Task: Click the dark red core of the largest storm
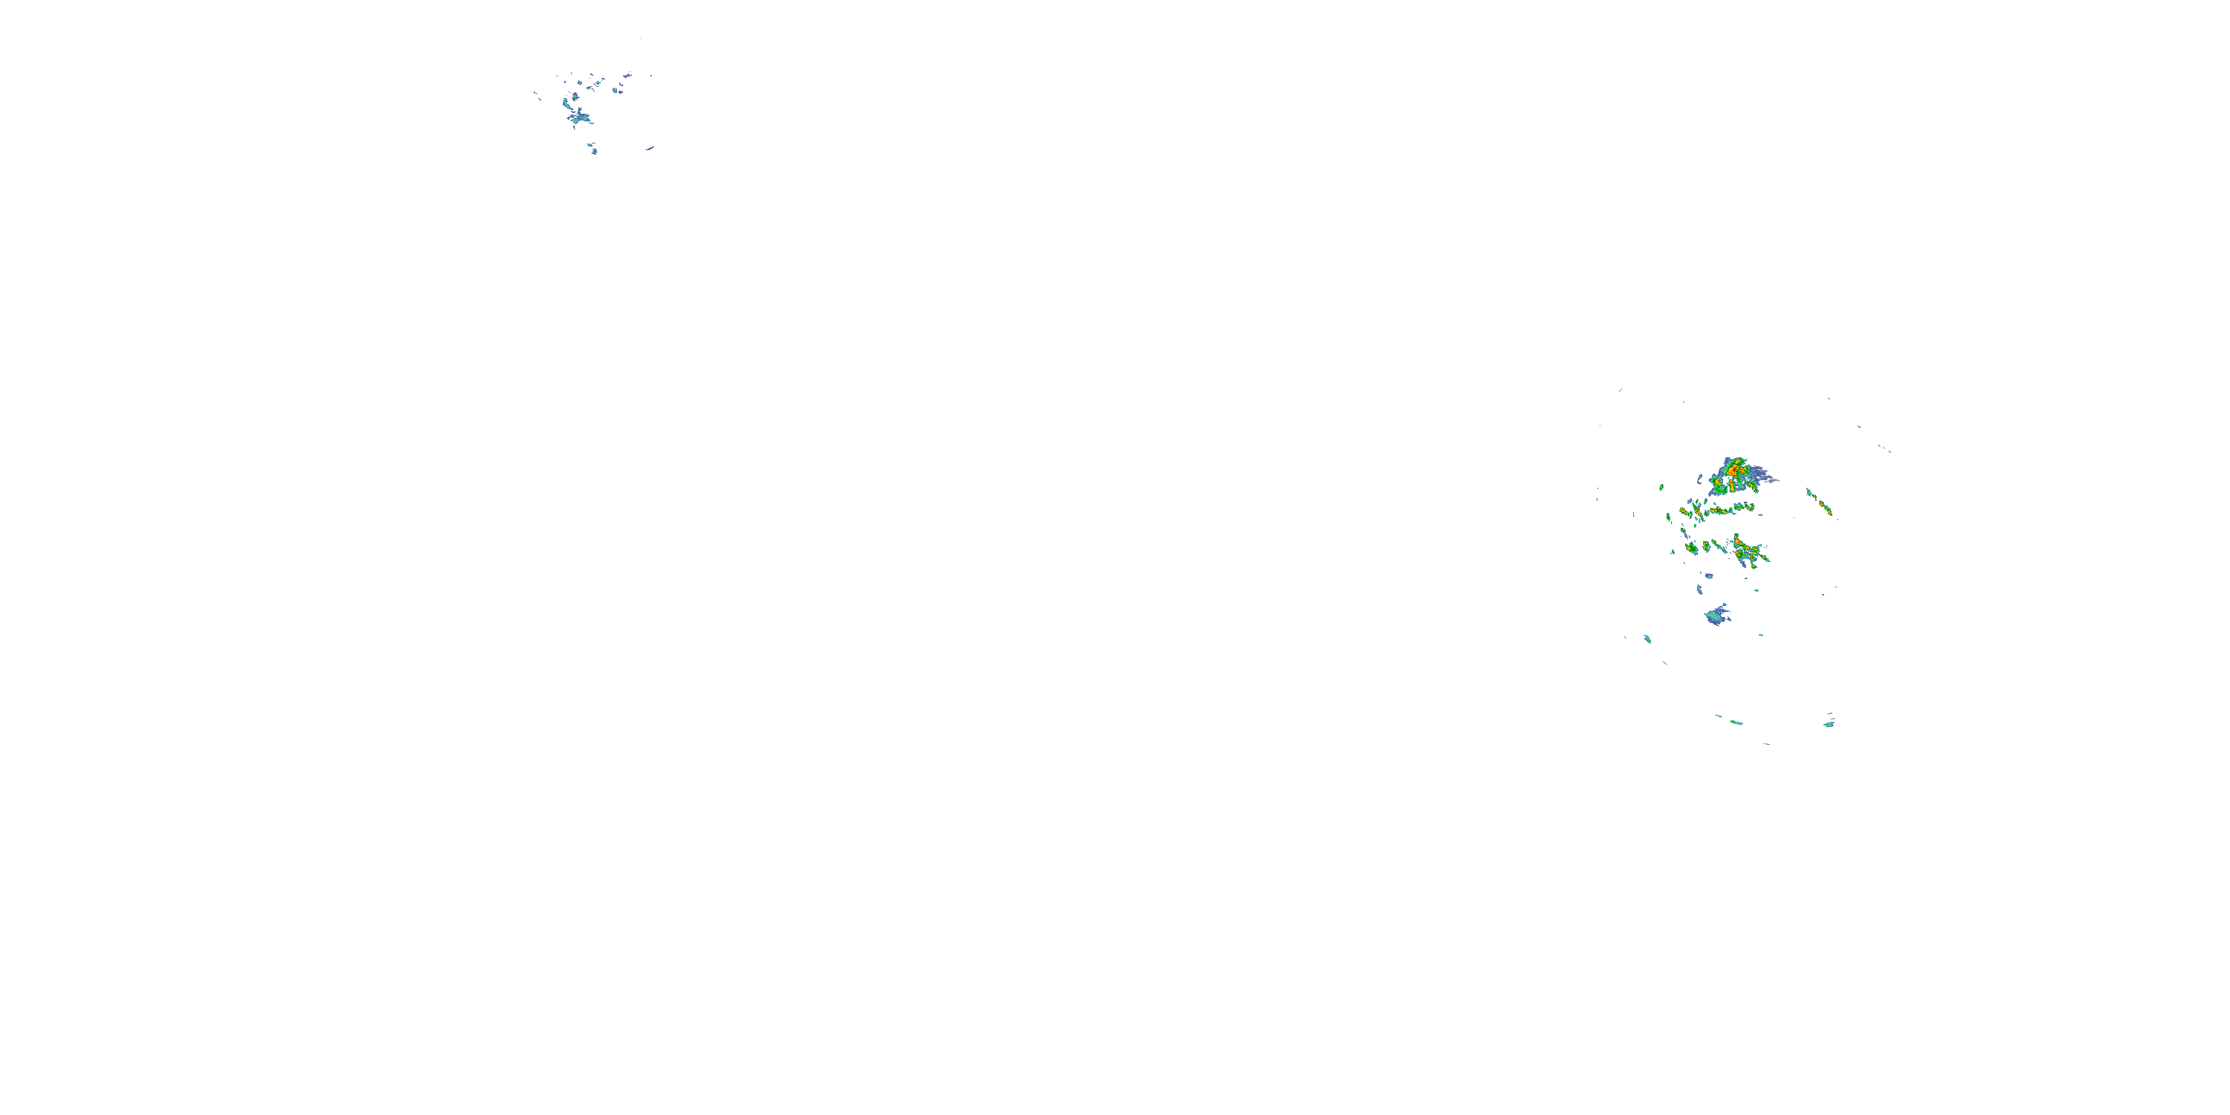click(x=1734, y=470)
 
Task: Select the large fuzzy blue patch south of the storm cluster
click(x=1716, y=616)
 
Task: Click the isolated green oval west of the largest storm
click(x=1662, y=488)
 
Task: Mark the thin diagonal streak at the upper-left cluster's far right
click(x=648, y=149)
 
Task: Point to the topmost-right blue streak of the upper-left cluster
click(x=626, y=76)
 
